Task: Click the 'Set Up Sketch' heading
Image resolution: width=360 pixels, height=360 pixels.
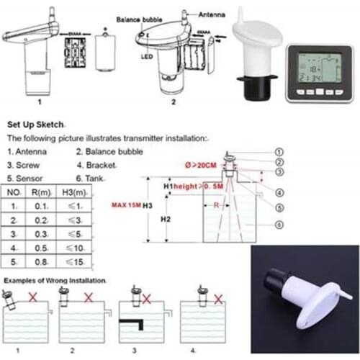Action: (x=37, y=123)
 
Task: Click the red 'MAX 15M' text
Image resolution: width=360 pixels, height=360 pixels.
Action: (x=128, y=204)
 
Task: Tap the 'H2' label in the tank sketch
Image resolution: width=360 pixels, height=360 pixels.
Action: (x=166, y=219)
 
